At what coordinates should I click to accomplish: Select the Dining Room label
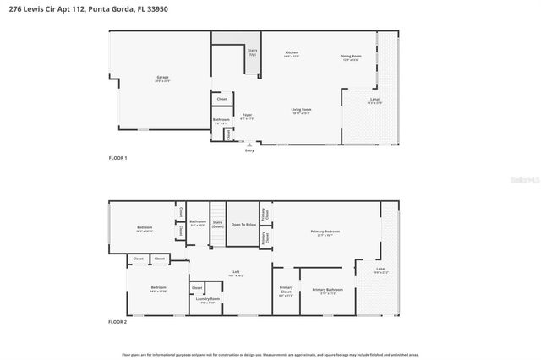tap(351, 57)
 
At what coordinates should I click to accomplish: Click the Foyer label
tap(247, 116)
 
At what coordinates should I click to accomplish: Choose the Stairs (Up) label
tap(252, 52)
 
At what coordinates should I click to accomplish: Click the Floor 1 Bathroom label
tap(221, 121)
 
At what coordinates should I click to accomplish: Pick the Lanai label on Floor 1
tap(374, 101)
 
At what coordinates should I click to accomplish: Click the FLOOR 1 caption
tap(117, 158)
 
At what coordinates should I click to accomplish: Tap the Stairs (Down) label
tap(217, 225)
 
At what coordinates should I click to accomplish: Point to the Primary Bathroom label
tap(325, 291)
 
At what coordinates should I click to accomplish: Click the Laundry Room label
tap(208, 300)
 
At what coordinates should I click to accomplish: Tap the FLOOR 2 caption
tap(117, 322)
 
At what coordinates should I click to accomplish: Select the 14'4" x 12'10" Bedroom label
tap(158, 289)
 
